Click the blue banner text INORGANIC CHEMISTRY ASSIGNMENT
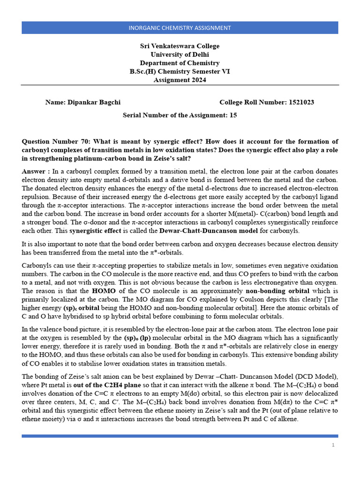[x=180, y=28]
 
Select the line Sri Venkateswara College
[x=180, y=46]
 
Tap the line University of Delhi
[x=180, y=54]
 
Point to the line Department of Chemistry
[x=180, y=63]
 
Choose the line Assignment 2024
[x=180, y=80]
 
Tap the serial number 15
[x=233, y=115]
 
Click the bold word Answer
[x=35, y=172]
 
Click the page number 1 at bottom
[x=333, y=445]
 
